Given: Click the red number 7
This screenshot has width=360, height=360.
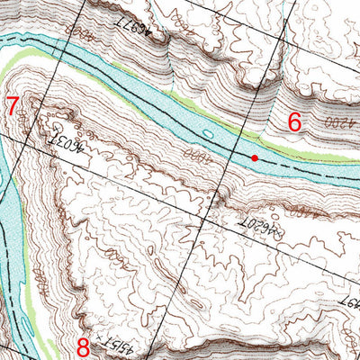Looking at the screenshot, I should [11, 104].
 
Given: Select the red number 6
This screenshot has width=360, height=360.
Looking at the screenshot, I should [293, 121].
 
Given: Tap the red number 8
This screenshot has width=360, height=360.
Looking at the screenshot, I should [83, 346].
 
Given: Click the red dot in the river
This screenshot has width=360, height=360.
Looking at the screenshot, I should [255, 157].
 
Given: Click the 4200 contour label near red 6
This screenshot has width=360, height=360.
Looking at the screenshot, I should [334, 121].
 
